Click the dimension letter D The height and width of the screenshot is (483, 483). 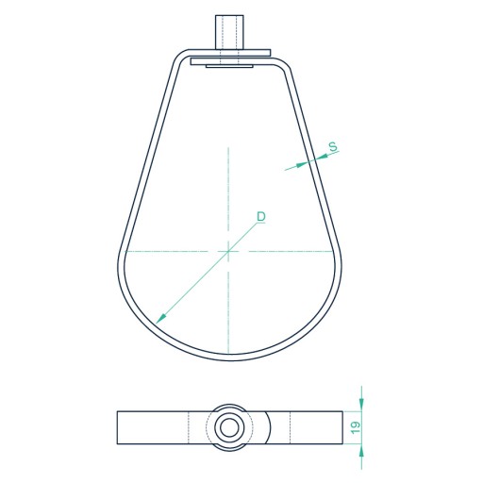[261, 217]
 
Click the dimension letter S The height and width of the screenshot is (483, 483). [333, 146]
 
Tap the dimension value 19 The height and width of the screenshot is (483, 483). [356, 427]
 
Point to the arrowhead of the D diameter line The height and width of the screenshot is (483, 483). [160, 319]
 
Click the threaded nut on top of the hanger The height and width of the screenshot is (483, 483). [229, 32]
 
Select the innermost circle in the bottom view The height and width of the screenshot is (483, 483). [229, 427]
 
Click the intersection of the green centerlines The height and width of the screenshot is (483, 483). [228, 251]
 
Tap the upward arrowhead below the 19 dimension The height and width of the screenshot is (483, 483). [361, 451]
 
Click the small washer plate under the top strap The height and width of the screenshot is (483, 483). [229, 66]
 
